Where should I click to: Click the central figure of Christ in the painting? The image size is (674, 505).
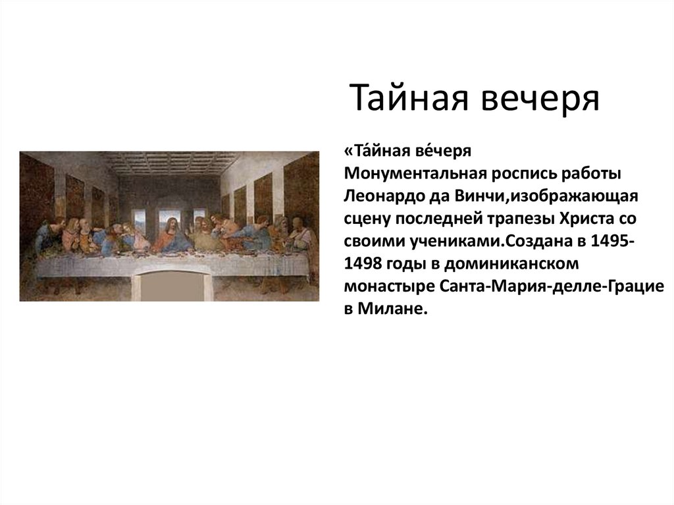coord(170,236)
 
